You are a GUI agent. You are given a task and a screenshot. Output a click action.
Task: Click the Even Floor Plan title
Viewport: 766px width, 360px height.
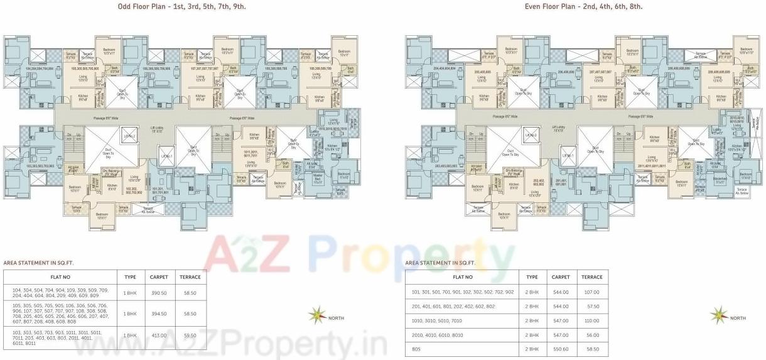[584, 7]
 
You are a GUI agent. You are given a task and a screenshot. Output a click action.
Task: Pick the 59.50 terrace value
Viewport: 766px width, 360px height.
[190, 335]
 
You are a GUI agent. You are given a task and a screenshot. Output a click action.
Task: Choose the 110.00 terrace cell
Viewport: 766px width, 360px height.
[592, 320]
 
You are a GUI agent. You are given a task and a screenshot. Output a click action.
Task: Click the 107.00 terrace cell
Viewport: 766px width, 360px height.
[592, 292]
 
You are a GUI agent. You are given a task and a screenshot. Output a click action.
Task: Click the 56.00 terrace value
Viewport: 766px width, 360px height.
[592, 335]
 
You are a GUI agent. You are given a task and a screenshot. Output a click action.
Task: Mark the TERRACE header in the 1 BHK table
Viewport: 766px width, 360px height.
[190, 276]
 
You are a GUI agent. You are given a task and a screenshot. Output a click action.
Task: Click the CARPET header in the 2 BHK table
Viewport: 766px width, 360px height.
[561, 277]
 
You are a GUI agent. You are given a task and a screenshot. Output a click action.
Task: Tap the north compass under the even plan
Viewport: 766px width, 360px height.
[720, 314]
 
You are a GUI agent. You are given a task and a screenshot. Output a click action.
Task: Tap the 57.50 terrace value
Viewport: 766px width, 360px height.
[592, 307]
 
